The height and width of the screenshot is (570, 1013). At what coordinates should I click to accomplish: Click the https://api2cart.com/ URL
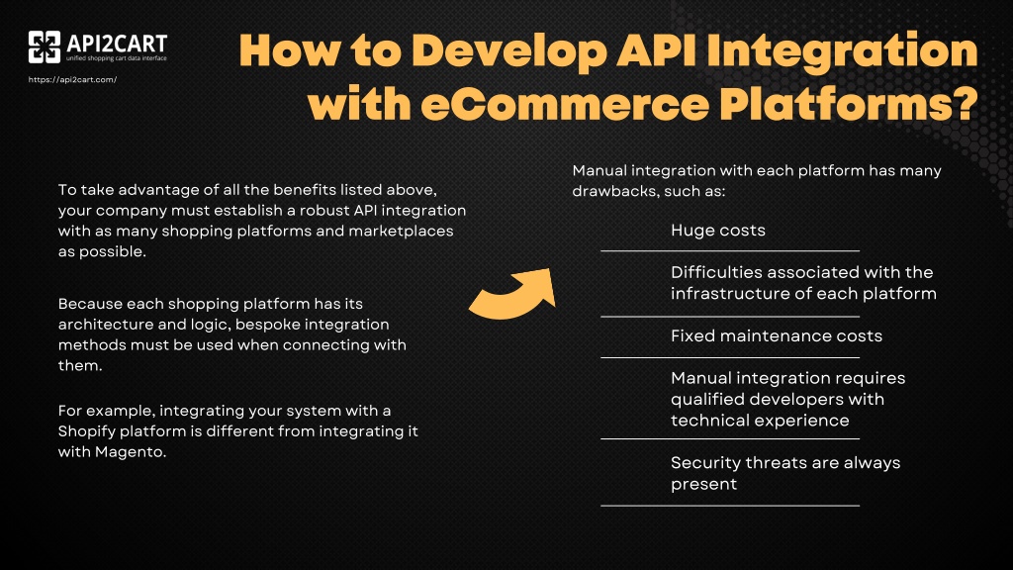point(73,80)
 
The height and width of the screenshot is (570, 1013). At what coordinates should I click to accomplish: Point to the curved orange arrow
point(511,294)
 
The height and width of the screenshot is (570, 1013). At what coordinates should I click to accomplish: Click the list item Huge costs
point(717,231)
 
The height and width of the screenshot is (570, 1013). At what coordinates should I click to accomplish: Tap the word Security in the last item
point(703,462)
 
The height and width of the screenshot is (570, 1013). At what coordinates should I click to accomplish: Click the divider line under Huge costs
point(730,251)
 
